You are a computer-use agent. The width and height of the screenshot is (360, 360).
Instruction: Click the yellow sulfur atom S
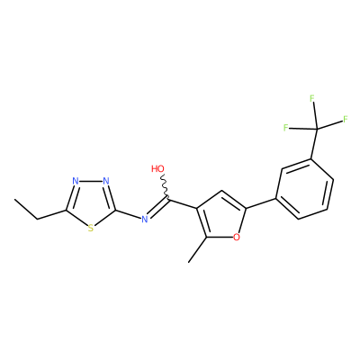[91, 229]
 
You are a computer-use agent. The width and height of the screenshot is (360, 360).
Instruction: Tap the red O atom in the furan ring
[237, 238]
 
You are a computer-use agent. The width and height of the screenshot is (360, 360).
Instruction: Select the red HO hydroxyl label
[158, 168]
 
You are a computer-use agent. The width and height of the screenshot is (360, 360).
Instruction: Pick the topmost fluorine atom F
[312, 98]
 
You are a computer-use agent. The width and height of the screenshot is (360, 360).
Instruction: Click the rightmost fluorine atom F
[346, 119]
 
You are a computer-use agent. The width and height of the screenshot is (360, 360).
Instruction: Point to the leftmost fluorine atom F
[286, 128]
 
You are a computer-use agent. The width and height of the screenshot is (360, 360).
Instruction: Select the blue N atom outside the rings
[145, 220]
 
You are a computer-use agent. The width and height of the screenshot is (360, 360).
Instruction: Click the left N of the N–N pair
[76, 181]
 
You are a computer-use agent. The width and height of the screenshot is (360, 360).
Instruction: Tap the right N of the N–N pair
[105, 181]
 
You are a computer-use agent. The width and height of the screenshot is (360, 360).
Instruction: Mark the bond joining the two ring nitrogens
[91, 181]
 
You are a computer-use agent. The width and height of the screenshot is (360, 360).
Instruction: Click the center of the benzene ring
[304, 189]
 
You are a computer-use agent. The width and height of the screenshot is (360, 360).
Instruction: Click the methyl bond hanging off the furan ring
[197, 249]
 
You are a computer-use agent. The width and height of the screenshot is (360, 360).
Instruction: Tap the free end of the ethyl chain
[14, 199]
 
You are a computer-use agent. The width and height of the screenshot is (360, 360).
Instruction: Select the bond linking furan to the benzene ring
[261, 203]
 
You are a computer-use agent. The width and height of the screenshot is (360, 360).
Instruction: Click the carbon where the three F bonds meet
[317, 130]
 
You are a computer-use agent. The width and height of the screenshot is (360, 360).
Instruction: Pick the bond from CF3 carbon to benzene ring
[314, 144]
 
